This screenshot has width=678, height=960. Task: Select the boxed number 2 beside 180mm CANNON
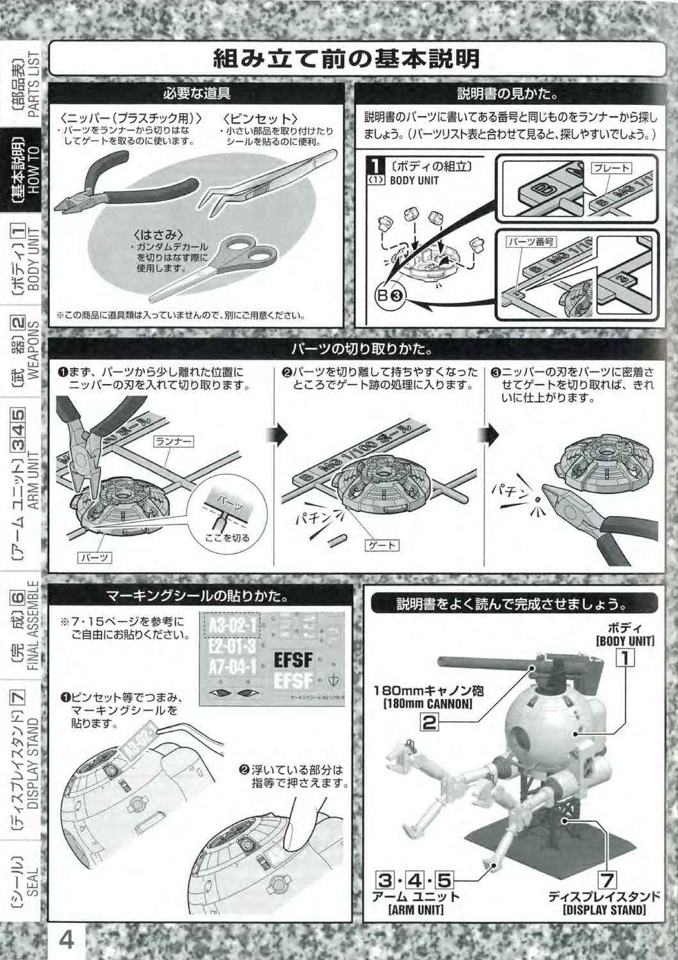click(429, 722)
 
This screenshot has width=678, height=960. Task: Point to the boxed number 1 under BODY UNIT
click(626, 658)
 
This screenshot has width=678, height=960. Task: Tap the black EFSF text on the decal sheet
click(293, 660)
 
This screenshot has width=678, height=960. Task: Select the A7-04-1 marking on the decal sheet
click(232, 667)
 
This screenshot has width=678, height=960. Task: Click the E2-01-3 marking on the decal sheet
click(232, 646)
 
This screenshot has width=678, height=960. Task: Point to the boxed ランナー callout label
click(174, 442)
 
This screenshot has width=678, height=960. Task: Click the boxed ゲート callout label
click(382, 545)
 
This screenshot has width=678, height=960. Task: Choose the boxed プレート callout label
click(611, 168)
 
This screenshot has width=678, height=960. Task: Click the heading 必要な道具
click(197, 93)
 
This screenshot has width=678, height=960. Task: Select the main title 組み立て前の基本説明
click(346, 59)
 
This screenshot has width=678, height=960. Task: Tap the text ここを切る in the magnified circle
click(227, 538)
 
